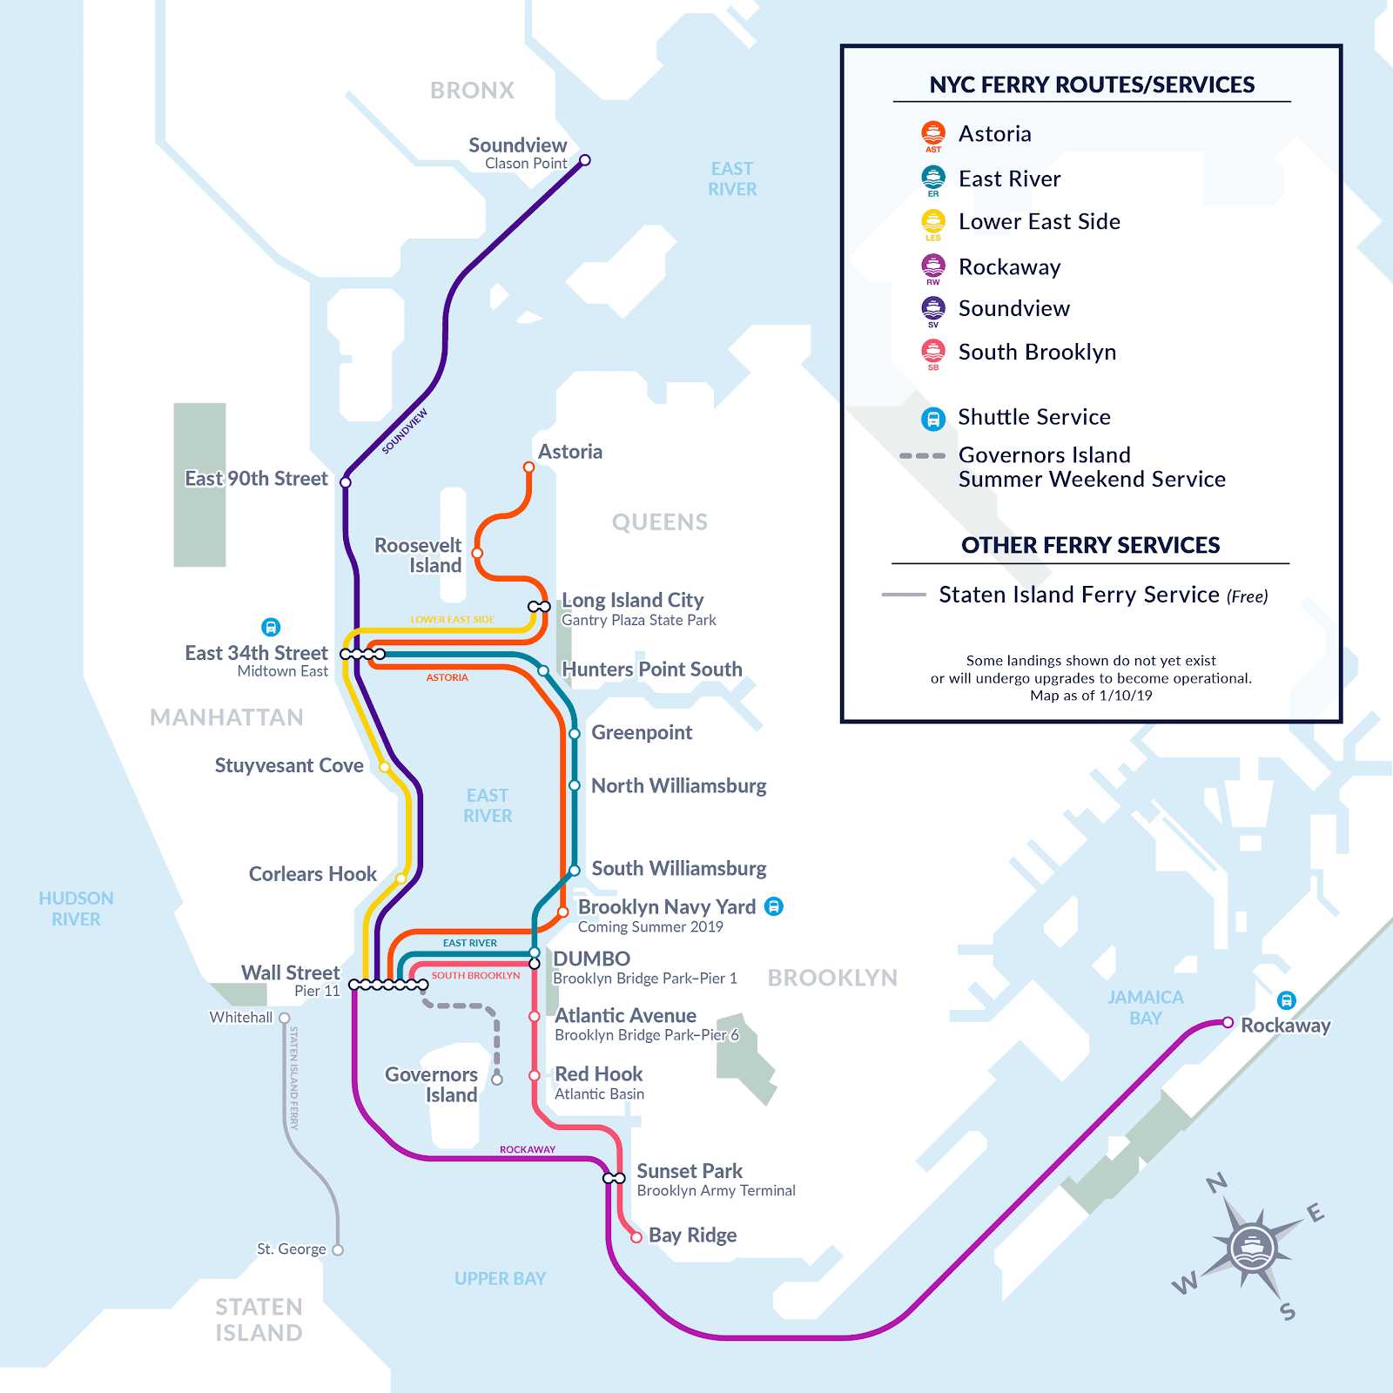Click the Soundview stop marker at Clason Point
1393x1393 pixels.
click(x=585, y=160)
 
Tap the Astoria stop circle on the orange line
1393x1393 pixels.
click(x=528, y=468)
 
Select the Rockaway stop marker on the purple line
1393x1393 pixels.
click(x=1228, y=1022)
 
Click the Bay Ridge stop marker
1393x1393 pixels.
click(x=636, y=1237)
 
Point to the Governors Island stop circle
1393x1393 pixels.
click(x=497, y=1080)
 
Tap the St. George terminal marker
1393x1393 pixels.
click(x=338, y=1250)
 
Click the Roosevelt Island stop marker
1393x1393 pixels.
click(x=477, y=553)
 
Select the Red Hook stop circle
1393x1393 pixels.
click(x=535, y=1076)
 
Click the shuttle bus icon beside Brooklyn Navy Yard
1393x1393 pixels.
click(x=773, y=906)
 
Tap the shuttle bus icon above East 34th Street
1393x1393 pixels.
click(x=271, y=627)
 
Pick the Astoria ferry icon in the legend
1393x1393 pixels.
click(x=933, y=133)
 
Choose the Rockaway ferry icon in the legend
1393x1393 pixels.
click(x=933, y=266)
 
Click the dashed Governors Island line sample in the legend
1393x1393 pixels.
click(x=922, y=455)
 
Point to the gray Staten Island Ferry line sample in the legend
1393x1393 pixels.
click(x=904, y=595)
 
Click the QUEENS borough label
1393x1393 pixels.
click(x=659, y=522)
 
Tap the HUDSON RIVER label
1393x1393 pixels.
click(x=76, y=908)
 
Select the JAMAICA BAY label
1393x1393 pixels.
click(x=1145, y=1007)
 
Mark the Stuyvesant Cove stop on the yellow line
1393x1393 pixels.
click(x=384, y=767)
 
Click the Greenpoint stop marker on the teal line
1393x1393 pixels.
click(x=575, y=734)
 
